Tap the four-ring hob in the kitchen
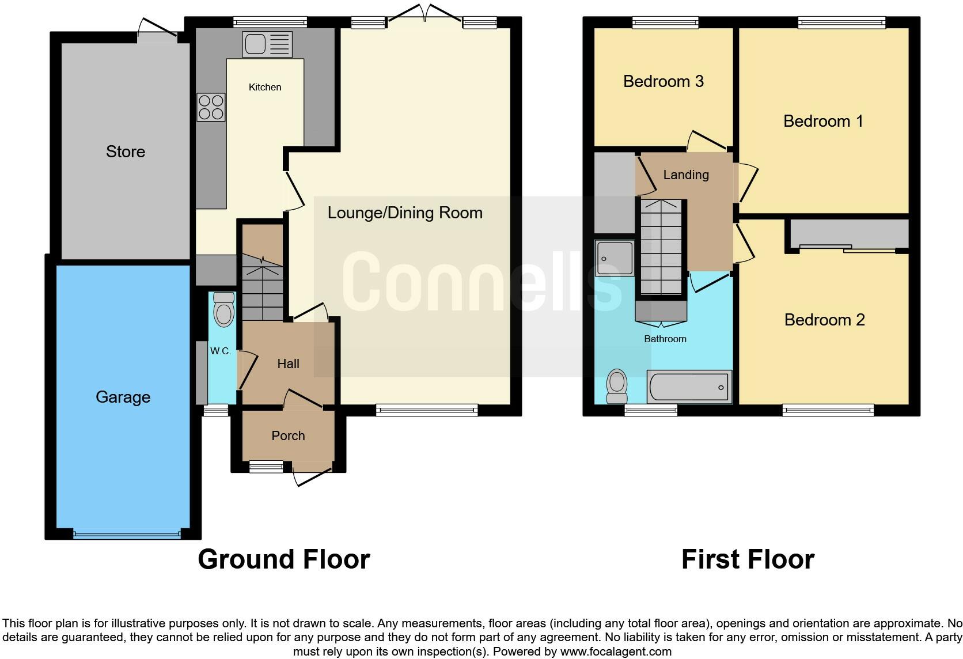click(211, 107)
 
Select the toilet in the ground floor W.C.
click(223, 311)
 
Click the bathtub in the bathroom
click(689, 387)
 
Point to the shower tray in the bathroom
click(615, 258)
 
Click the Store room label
click(126, 152)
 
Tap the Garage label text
click(123, 397)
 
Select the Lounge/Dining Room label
click(405, 213)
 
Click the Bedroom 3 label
click(663, 81)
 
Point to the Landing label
click(685, 175)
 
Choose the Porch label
click(288, 435)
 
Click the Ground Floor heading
click(283, 559)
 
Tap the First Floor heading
click(748, 559)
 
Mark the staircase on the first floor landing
click(661, 248)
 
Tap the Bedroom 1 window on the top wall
click(841, 22)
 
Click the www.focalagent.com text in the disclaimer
click(615, 652)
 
